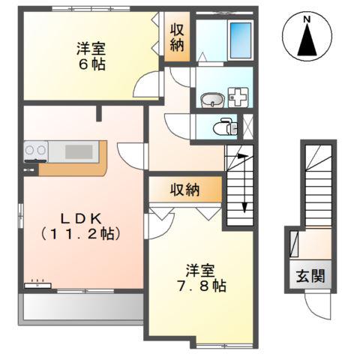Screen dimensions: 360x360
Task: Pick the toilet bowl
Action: tap(223, 127)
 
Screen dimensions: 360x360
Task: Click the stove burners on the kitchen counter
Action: tap(35, 151)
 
